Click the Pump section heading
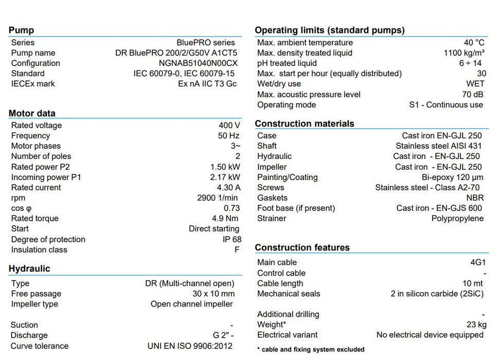(x=21, y=30)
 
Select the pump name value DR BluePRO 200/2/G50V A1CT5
(x=176, y=53)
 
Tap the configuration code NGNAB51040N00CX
(x=198, y=63)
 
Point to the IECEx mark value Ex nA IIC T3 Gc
(x=207, y=84)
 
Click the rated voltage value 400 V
(x=229, y=125)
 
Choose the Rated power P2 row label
(x=41, y=167)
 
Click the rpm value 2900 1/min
(x=218, y=198)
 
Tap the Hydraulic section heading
(x=29, y=268)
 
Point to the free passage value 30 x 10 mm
(x=213, y=294)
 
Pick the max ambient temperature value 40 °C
(x=474, y=43)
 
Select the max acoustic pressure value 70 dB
(x=473, y=94)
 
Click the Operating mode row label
(x=286, y=105)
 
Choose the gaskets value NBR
(x=475, y=198)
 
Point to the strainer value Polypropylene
(x=457, y=219)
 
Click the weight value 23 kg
(x=475, y=325)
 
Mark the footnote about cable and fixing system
(x=311, y=350)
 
